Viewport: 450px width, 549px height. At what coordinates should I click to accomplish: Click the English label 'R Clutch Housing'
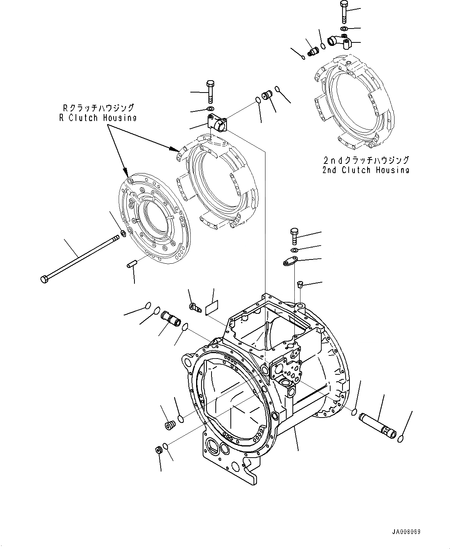(x=97, y=118)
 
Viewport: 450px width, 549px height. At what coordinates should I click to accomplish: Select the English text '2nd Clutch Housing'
(x=366, y=170)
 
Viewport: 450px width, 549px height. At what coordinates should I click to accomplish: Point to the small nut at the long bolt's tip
(x=123, y=233)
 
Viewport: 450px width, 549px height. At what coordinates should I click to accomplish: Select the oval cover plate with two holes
(x=290, y=262)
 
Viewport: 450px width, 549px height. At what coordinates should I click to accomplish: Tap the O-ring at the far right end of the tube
(x=401, y=438)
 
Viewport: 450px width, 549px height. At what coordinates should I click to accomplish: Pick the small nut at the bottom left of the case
(x=158, y=450)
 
